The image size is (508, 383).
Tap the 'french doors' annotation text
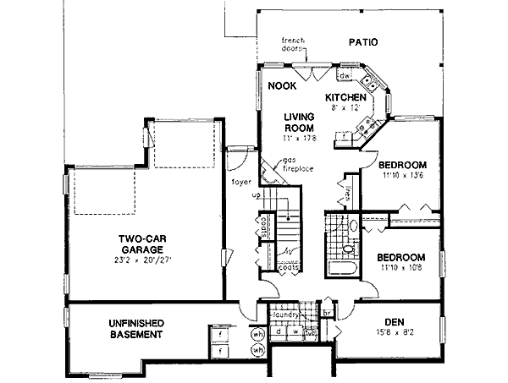coord(294,44)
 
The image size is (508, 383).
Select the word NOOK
coord(280,86)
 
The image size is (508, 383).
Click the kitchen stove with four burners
coord(368,85)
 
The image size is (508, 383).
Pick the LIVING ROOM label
coord(299,122)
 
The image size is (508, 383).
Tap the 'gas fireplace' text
coord(296,164)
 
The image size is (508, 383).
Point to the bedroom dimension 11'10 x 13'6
coord(402,176)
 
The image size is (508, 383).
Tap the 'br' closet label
coord(327,312)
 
